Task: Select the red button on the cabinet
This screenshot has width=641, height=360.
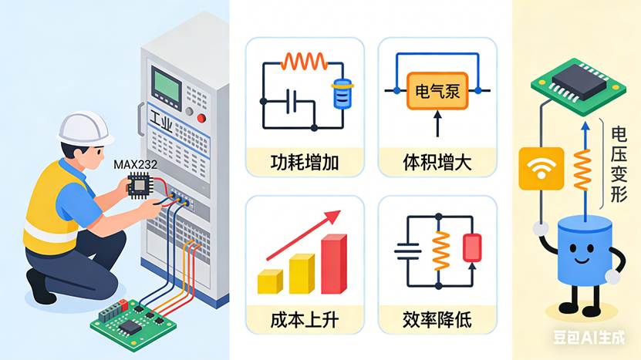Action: point(202,118)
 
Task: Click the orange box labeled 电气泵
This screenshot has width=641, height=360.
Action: point(437,90)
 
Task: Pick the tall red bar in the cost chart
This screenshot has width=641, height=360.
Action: point(334,264)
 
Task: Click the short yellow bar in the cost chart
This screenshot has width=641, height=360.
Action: point(271,281)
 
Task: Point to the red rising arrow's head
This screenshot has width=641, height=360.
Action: point(333,217)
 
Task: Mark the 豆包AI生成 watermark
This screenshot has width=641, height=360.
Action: point(597,337)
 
